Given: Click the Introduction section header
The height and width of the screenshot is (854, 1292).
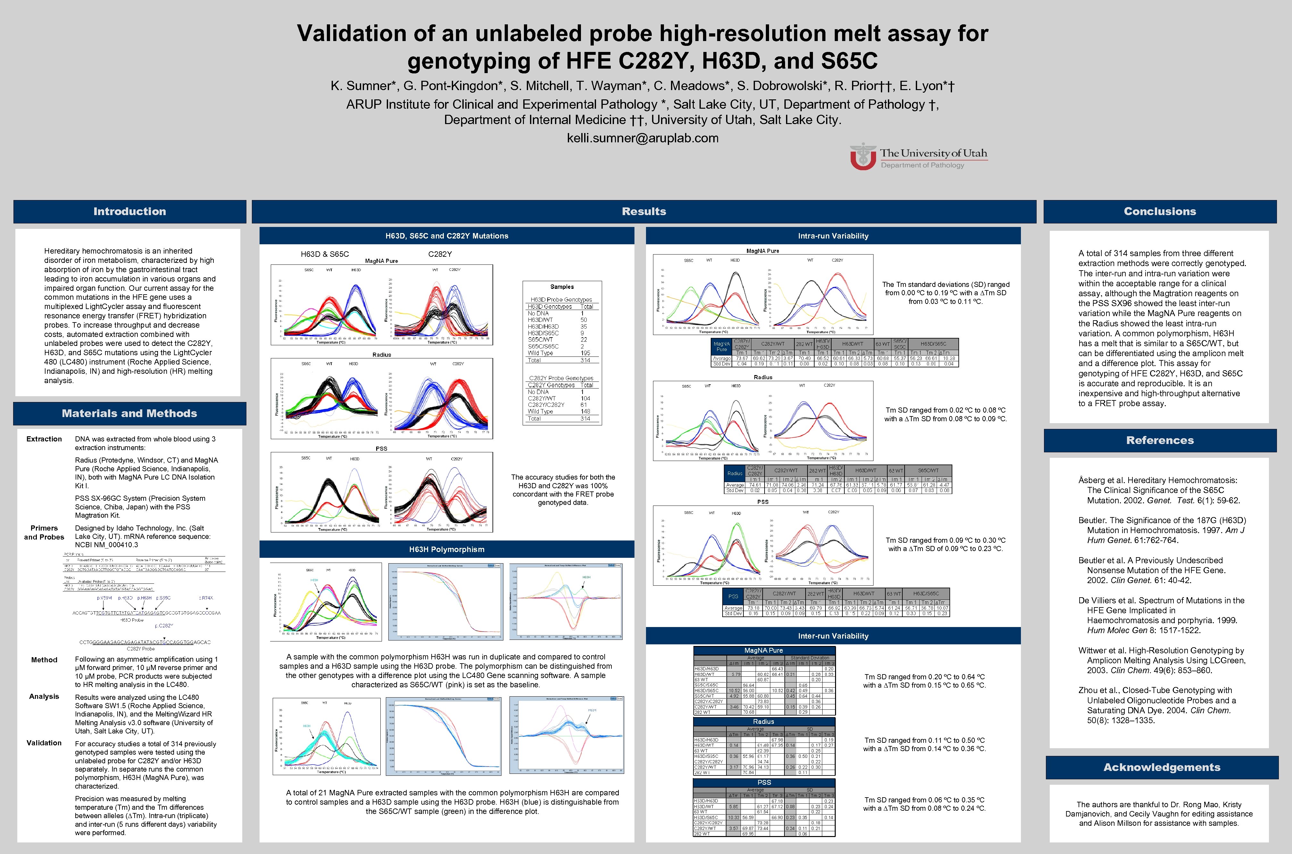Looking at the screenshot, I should (x=129, y=211).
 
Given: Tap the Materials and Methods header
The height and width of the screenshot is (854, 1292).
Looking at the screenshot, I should (x=129, y=414).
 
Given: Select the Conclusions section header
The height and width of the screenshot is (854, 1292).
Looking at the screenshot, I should (x=1160, y=211).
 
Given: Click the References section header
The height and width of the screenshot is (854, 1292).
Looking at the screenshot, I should (x=1160, y=440).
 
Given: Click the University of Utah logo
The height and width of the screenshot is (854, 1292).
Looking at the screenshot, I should (x=918, y=157).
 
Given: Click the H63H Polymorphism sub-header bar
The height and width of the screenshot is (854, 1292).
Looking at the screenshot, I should (x=446, y=549).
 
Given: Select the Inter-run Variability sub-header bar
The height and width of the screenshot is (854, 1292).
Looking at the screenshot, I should (x=833, y=636).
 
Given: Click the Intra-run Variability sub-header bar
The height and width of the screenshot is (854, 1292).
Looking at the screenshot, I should (x=833, y=236).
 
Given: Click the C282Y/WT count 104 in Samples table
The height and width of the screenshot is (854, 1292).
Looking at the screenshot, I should (x=585, y=398).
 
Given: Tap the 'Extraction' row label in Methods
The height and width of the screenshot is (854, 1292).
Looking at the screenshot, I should (x=44, y=439).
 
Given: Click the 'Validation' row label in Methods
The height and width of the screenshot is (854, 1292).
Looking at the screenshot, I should (x=44, y=743).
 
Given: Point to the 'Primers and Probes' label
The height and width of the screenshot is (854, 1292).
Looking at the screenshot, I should (x=44, y=532).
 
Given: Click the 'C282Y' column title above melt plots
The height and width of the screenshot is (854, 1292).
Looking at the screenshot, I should (x=440, y=254).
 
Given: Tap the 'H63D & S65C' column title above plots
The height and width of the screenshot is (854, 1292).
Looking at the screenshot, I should (x=325, y=254).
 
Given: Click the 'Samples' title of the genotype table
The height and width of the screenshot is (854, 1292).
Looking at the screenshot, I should (x=562, y=287).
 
